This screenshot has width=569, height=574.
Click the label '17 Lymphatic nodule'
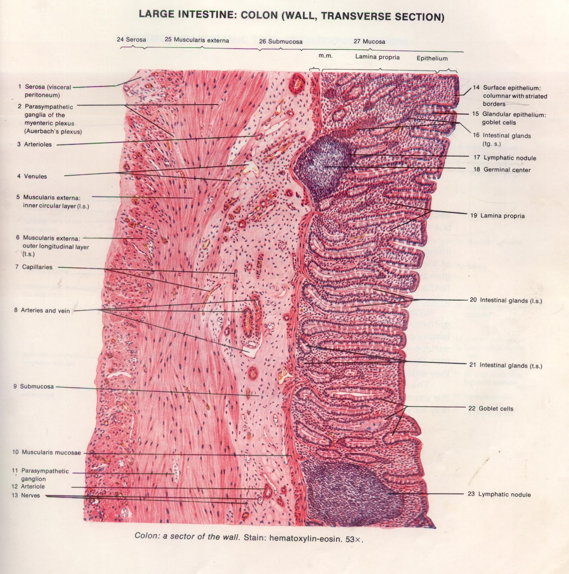pos(504,158)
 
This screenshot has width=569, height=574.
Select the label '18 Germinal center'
pos(502,170)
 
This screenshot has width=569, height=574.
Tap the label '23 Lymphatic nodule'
pos(499,494)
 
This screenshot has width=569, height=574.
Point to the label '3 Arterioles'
pos(34,145)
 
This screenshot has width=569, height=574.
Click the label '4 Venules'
pos(32,176)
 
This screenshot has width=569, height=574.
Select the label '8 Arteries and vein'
pos(42,310)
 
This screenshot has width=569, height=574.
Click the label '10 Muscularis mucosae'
pos(47,452)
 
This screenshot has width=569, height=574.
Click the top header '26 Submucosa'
pos(281,42)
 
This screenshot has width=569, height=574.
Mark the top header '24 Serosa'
pos(131,39)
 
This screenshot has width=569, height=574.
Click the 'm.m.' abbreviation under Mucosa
pos(325,56)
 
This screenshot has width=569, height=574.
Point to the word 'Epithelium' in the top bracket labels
pos(432,58)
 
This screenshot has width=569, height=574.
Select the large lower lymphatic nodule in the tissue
pos(344,493)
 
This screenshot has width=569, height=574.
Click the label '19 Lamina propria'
pos(497,216)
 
